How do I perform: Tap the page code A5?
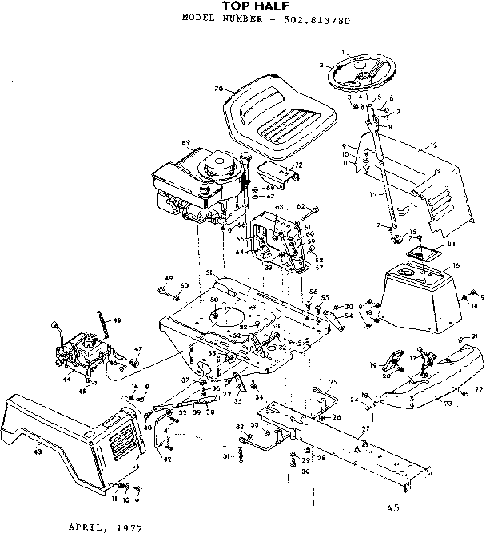coord(391,507)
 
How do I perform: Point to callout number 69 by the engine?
coord(185,144)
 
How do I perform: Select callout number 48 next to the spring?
coord(118,320)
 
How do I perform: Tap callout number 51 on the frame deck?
coord(209,273)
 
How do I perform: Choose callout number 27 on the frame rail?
coord(365,430)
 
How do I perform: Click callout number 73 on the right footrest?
coord(448,404)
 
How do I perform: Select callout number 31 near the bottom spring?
coord(226,456)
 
